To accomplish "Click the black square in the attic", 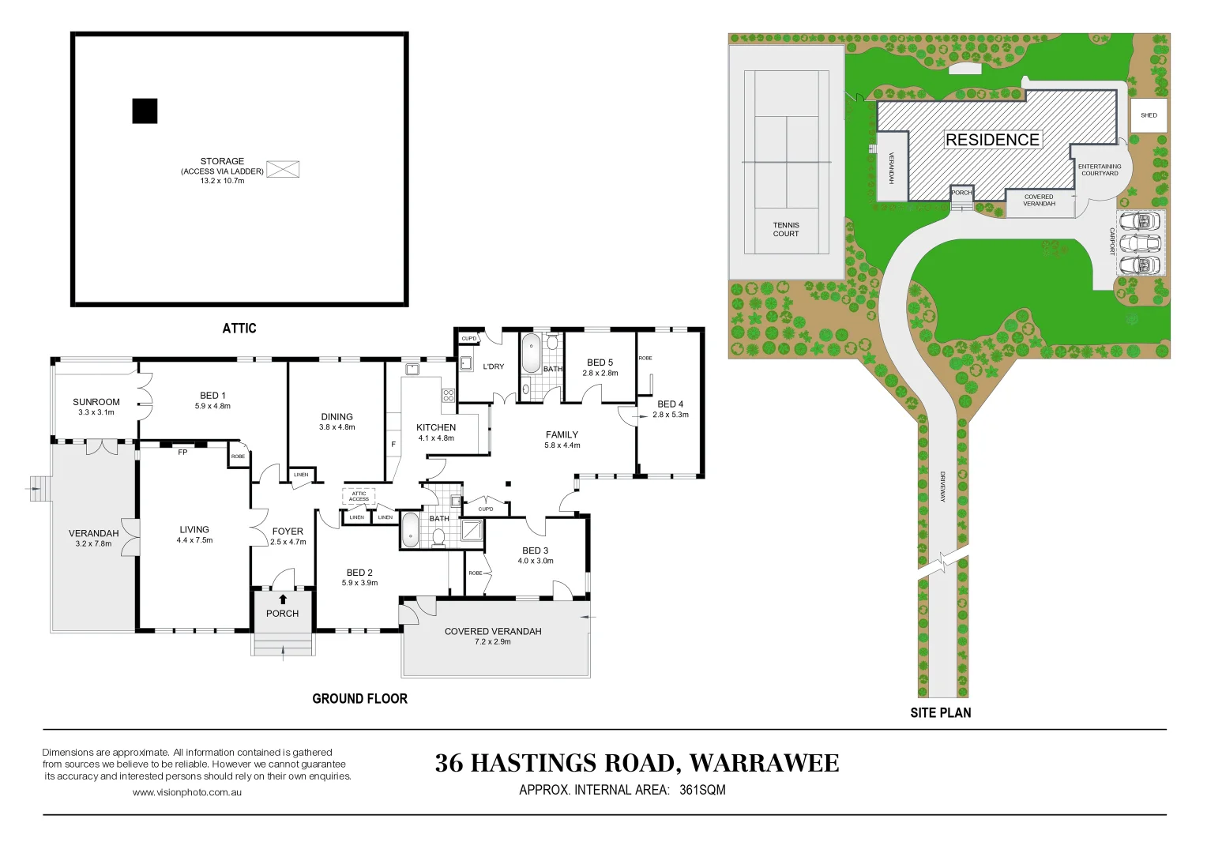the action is point(145,111).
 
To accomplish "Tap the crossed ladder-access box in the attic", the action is point(283,169).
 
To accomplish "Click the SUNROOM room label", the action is point(96,402).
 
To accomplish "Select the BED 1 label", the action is point(212,396).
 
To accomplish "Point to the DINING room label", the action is point(337,416).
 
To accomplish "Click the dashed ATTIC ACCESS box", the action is point(359,496).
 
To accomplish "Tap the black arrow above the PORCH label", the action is point(282,599).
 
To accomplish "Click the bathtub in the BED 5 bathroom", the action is point(531,353).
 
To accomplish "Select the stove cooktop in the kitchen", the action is point(449,396).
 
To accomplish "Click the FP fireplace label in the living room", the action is point(182,453).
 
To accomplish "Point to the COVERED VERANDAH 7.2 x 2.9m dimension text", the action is point(492,642).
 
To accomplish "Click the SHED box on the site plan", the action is point(1149,115).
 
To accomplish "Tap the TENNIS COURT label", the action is point(786,230).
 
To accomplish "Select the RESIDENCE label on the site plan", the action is point(993,140).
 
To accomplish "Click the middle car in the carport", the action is point(1139,243).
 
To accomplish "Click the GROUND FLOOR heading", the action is point(360,698).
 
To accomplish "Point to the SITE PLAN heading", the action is point(941,712).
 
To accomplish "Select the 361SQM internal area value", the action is point(702,790).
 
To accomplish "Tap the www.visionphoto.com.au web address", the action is point(187,792).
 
